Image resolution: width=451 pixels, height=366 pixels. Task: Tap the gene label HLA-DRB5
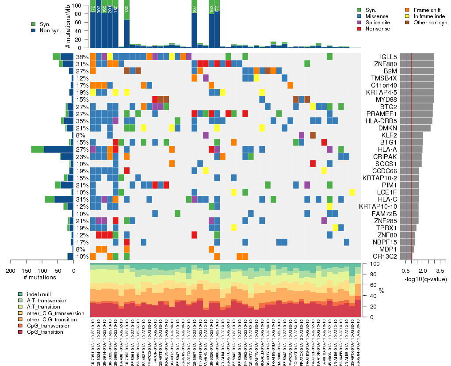point(381,121)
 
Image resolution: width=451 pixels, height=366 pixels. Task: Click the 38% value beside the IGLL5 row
point(82,57)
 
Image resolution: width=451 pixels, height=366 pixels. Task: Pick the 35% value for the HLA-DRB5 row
point(82,121)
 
